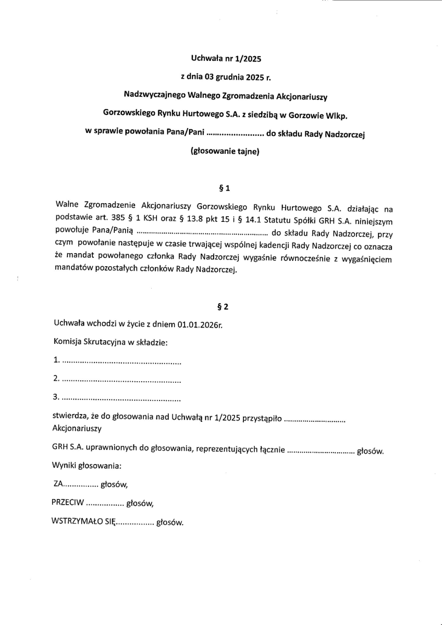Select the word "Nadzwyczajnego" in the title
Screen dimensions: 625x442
(153, 95)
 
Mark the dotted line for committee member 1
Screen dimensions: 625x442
(121, 360)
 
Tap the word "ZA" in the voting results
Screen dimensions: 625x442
(58, 484)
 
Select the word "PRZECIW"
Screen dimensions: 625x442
(67, 503)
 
